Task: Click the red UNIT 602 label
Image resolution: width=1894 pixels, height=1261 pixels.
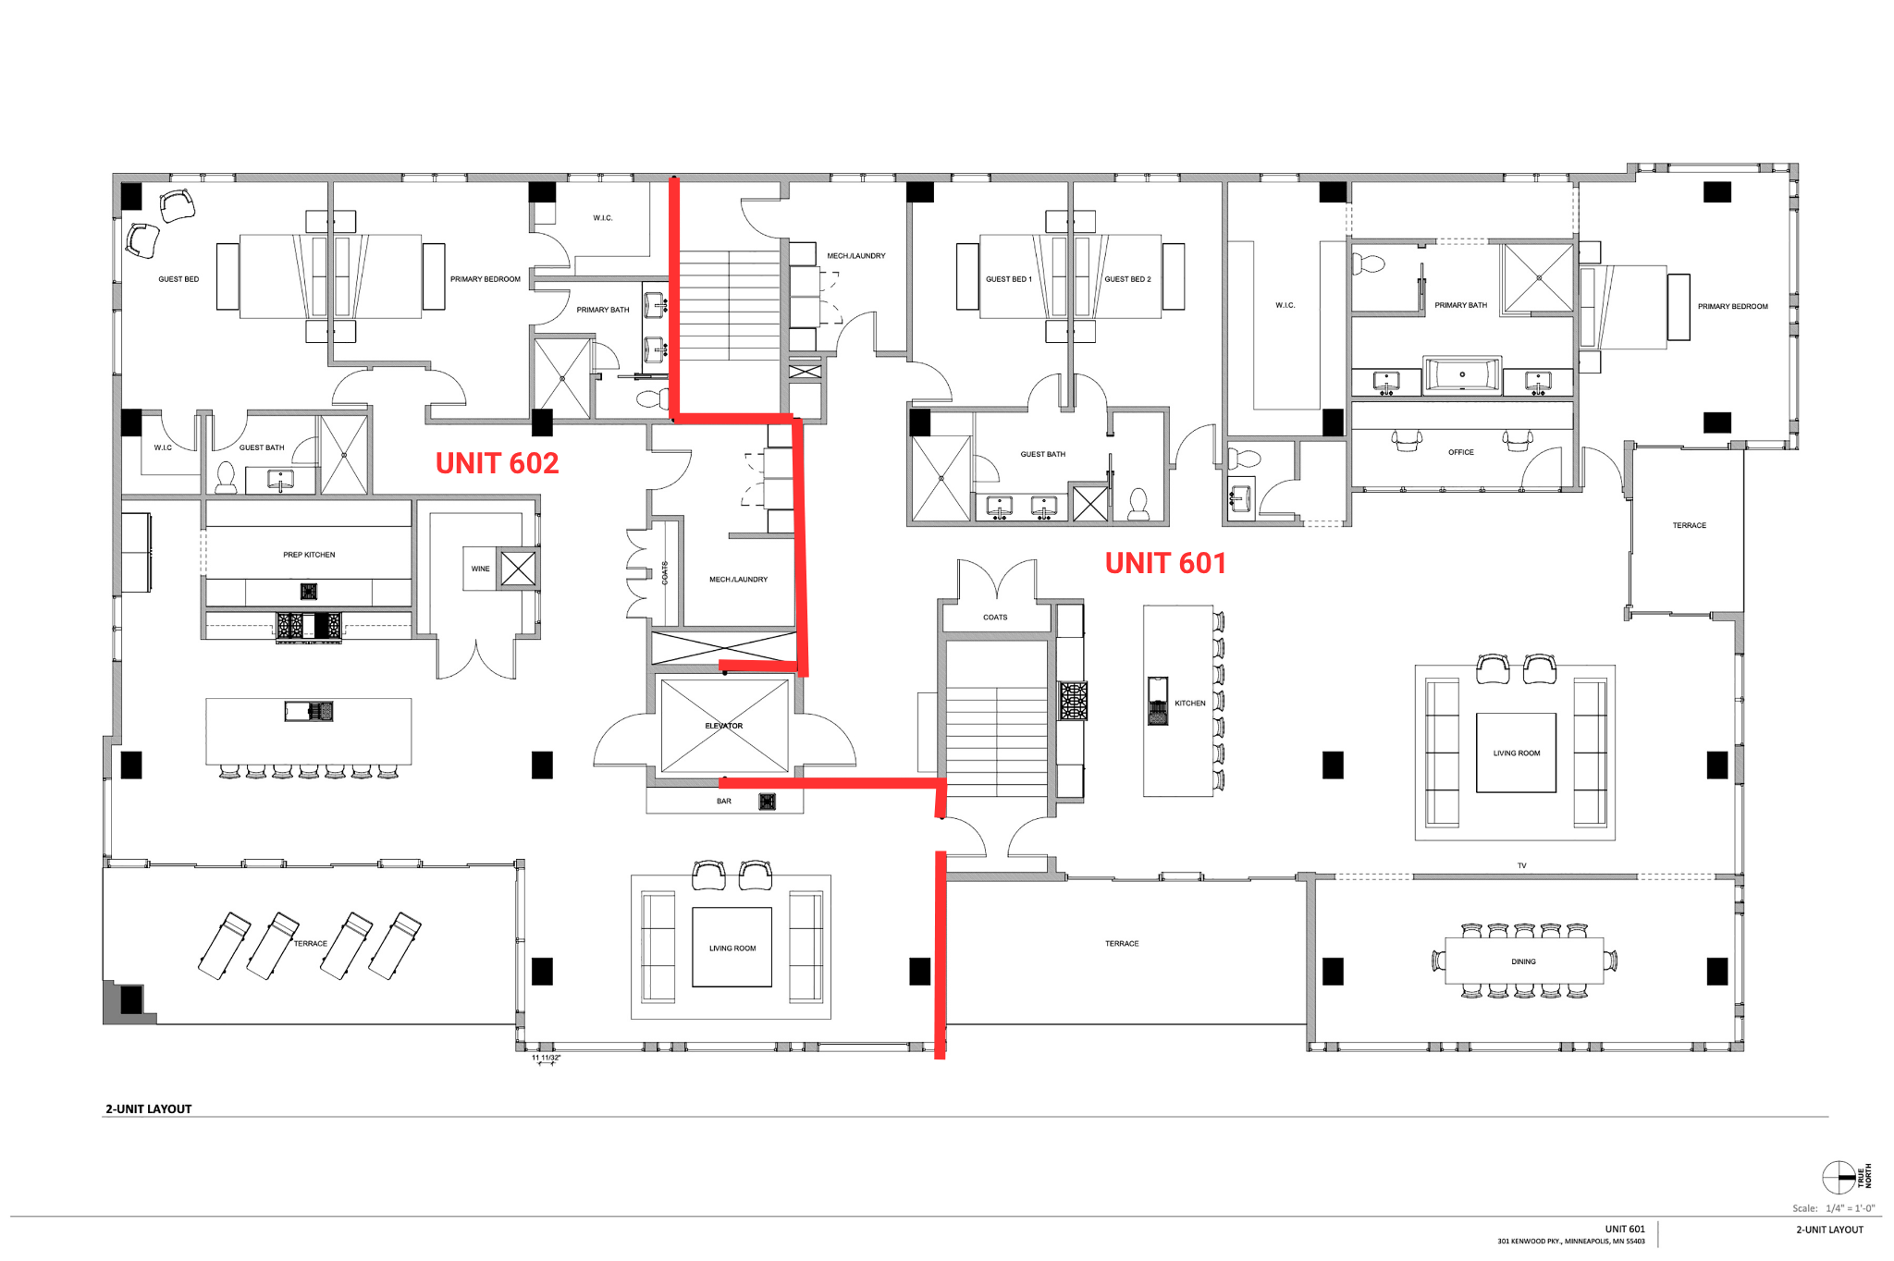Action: (497, 463)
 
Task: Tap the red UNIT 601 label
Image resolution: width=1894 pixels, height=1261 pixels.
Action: (1165, 563)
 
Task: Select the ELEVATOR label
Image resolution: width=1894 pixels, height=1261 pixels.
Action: (724, 726)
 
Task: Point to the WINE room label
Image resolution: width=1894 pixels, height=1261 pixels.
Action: (481, 569)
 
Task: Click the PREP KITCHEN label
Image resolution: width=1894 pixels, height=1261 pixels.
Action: (309, 555)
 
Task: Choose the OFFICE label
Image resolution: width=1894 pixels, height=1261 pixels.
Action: (1461, 452)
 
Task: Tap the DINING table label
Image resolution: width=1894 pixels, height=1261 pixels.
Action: (1523, 961)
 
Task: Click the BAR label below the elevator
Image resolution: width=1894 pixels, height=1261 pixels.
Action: (724, 802)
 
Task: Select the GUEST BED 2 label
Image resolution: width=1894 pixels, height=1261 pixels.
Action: (1127, 279)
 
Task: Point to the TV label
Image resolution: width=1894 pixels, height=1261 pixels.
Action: (1522, 866)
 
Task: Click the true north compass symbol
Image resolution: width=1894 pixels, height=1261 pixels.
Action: (1839, 1178)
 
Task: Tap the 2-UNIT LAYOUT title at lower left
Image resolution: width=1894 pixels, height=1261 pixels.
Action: (149, 1108)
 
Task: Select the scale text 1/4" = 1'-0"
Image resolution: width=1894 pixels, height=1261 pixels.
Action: (1851, 1208)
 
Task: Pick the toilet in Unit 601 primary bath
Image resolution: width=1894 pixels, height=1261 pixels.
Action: (1369, 264)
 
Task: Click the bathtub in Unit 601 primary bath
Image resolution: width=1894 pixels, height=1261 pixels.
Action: (1462, 374)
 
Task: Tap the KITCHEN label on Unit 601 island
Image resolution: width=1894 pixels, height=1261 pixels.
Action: (1190, 704)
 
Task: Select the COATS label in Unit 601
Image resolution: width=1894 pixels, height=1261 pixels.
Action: (995, 618)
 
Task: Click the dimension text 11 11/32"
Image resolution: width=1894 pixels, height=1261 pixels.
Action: (546, 1058)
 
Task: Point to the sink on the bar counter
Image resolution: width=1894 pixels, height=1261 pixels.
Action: (768, 802)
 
